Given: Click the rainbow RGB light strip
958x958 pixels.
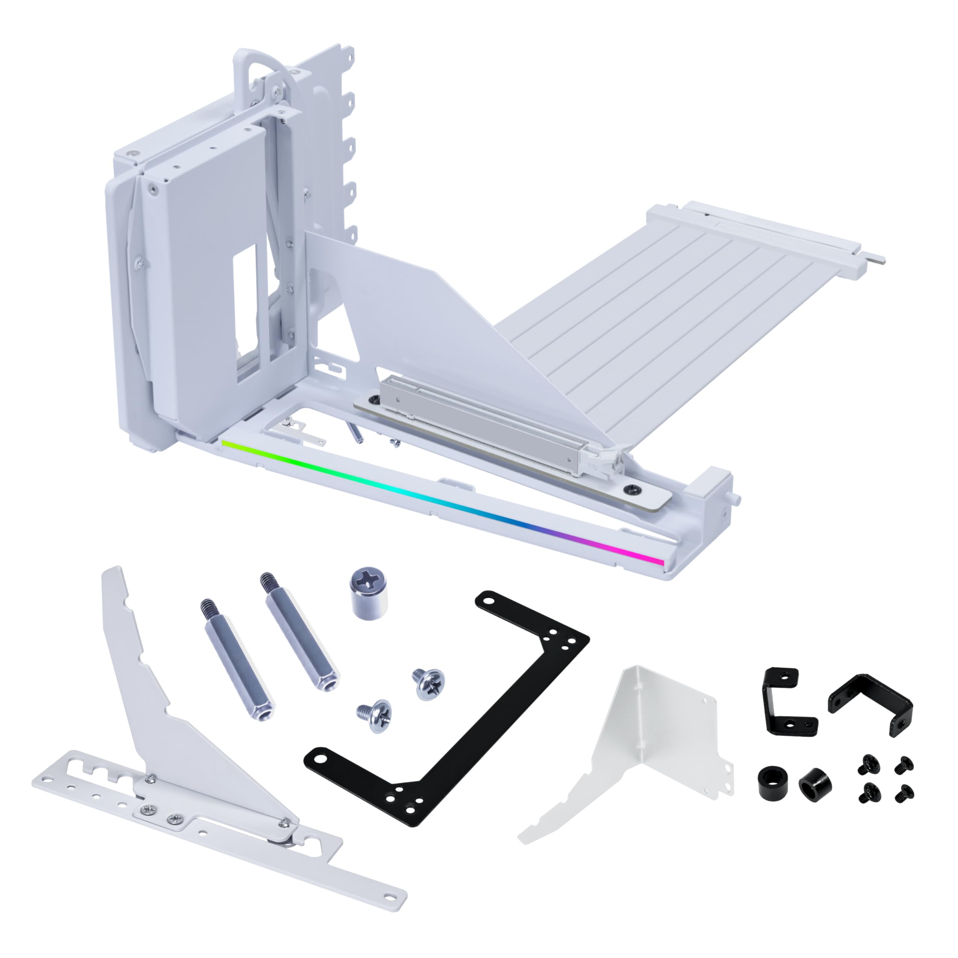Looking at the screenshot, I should pos(441,501).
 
